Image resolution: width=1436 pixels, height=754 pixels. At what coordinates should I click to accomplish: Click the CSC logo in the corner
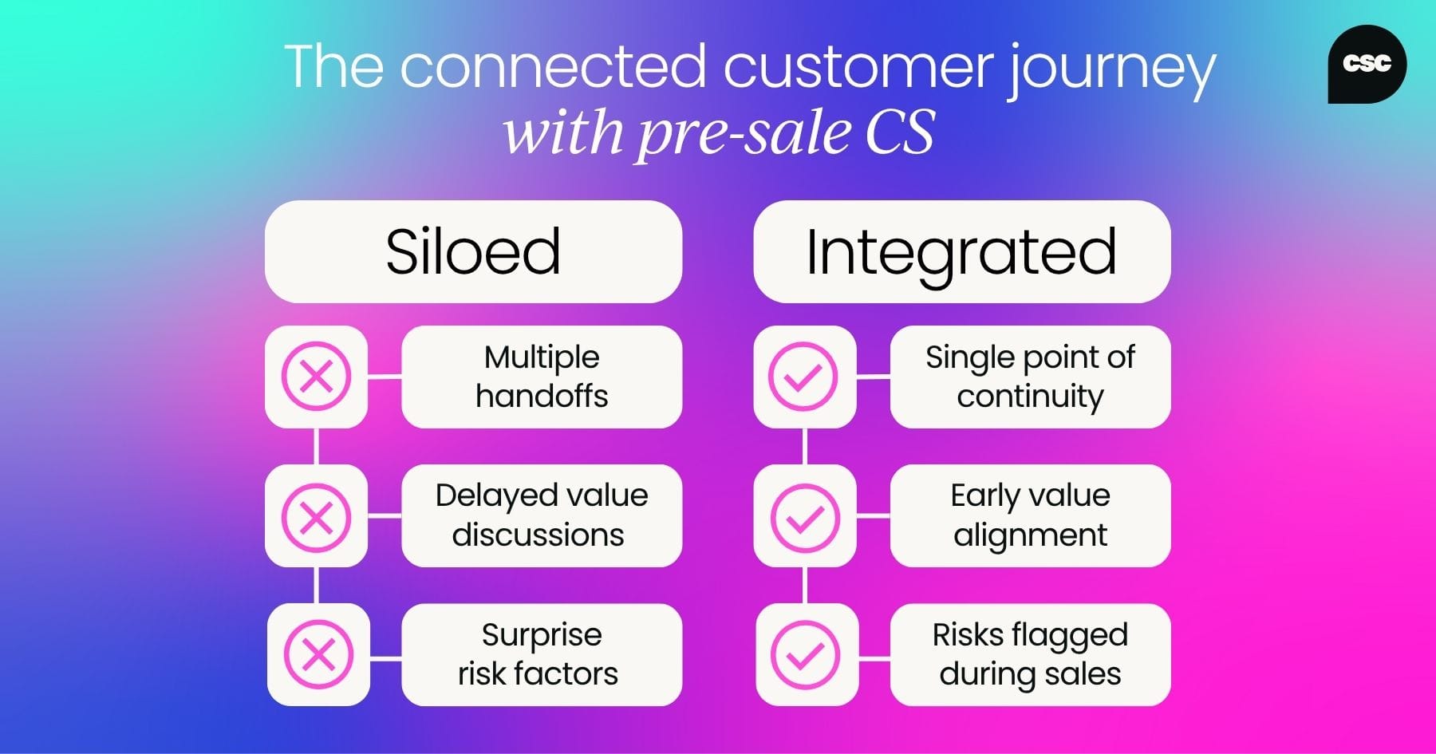click(x=1367, y=64)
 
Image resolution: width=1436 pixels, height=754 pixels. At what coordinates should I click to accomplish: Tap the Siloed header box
click(x=473, y=251)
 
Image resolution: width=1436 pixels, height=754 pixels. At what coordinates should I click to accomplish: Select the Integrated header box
click(x=961, y=251)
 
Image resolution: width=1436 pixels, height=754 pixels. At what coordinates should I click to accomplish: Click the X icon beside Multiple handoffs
click(x=316, y=376)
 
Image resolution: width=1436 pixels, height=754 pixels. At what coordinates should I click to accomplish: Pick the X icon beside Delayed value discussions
click(x=316, y=517)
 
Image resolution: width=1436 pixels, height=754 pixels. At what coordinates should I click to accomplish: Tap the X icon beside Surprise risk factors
click(x=318, y=655)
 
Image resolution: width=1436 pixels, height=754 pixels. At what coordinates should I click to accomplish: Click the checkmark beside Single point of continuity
click(x=803, y=376)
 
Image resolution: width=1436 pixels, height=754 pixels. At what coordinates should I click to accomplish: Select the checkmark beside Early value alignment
click(x=804, y=517)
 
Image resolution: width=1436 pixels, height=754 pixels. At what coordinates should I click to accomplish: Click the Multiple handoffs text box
click(x=542, y=377)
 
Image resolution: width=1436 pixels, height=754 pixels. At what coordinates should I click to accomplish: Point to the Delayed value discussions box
click(x=542, y=515)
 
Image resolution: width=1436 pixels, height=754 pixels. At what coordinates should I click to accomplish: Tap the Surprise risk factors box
click(x=542, y=654)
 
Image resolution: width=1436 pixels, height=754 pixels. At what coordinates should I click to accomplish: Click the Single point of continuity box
click(x=1030, y=377)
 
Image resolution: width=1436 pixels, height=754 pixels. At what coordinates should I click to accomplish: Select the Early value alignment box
click(x=1030, y=515)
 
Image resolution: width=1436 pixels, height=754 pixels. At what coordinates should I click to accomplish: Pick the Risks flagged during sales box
click(x=1030, y=654)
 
